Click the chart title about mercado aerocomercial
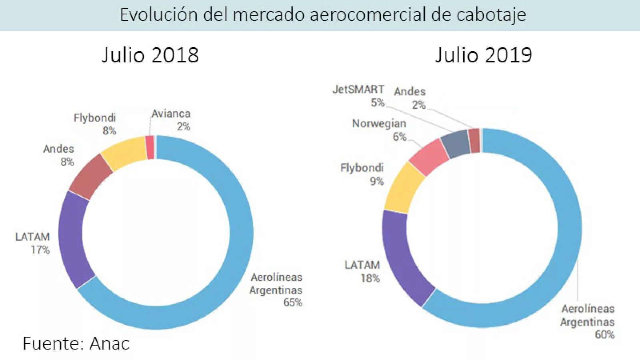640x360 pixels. click(322, 15)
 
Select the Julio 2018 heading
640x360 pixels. click(150, 55)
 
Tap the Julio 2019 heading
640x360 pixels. click(484, 55)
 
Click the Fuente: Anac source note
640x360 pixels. click(76, 344)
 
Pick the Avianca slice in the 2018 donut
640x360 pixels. click(150, 148)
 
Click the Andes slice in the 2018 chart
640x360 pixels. click(91, 176)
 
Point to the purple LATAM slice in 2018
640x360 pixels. click(72, 238)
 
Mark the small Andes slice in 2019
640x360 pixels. click(474, 141)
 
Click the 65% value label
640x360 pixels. click(293, 302)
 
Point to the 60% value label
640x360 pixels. click(604, 334)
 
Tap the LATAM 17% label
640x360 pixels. click(33, 243)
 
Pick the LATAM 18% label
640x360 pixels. click(362, 272)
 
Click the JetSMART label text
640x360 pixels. click(358, 89)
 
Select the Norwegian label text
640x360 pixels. click(379, 124)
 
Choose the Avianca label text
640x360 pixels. click(171, 114)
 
